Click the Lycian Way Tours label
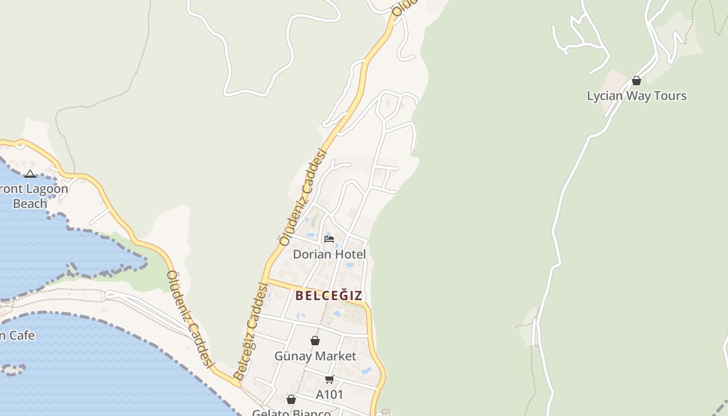coord(636,96)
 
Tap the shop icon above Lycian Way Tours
coord(636,81)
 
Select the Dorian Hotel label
coord(329,254)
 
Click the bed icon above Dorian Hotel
coord(329,239)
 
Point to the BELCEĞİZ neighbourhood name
coord(329,296)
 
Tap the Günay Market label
coord(315,356)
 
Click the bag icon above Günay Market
coord(315,341)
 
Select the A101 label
coord(330,395)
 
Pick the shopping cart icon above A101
coord(329,380)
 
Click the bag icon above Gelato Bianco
coord(291,399)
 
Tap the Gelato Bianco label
coord(291,413)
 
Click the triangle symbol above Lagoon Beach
coord(30,174)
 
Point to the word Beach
coord(30,204)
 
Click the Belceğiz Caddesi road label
coord(251,331)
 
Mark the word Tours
coord(670,96)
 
